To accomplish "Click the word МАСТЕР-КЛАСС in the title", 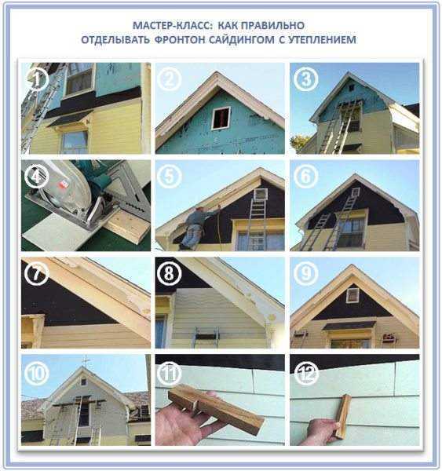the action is pos(173,26).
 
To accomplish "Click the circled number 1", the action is pos(36,79).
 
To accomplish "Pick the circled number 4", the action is pos(36,176).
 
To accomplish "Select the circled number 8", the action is pos(169,273).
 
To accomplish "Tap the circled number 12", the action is pos(306,374).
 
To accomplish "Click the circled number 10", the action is pos(36,374).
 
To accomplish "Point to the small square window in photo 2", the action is pos(221,119).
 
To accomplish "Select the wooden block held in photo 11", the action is pos(215,409).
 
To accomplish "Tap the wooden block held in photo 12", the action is pos(343,416).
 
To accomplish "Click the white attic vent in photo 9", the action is pos(353,295).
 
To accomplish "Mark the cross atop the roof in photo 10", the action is pos(86,360).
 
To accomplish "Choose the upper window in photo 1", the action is pos(79,79).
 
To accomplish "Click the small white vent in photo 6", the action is pos(356,192).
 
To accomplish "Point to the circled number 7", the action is pos(36,273).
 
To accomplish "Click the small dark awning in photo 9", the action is pos(349,325).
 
